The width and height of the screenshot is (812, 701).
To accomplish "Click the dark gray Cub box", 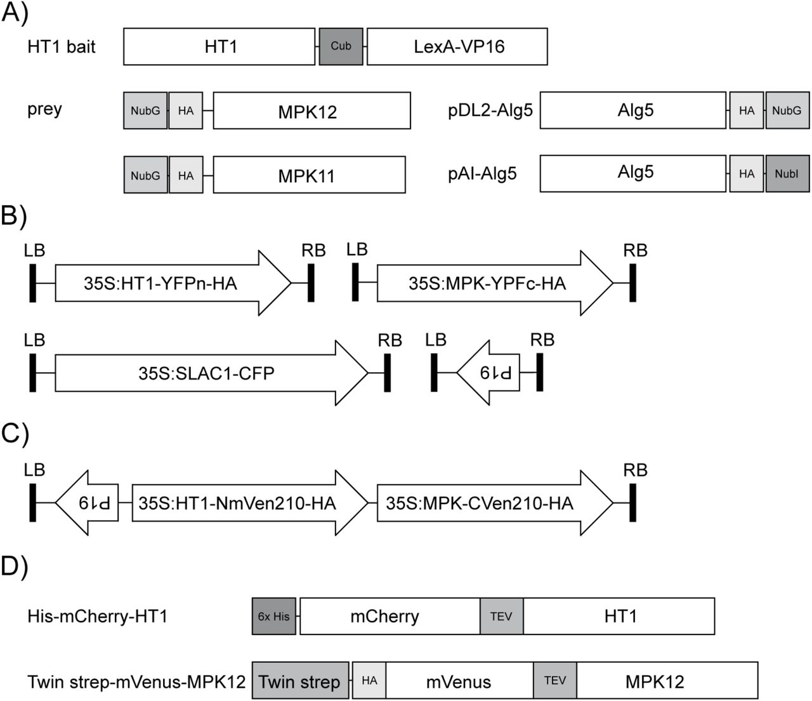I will click(x=341, y=46).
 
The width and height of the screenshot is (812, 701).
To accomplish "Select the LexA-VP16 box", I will click(x=457, y=46).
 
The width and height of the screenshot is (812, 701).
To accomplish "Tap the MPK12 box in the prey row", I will click(x=311, y=111).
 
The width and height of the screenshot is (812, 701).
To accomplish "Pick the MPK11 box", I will click(x=309, y=175).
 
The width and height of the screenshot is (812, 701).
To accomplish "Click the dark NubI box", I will click(x=787, y=173).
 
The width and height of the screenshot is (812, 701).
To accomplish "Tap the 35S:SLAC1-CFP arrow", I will click(x=206, y=373).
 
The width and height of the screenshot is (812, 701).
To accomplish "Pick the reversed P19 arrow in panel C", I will click(x=90, y=503).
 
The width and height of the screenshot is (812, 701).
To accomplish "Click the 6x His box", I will click(x=274, y=616).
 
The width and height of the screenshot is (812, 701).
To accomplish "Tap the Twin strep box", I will click(x=300, y=681).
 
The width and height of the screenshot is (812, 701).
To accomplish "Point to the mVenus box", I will click(x=459, y=681).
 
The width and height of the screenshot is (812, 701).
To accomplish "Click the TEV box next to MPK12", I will click(x=555, y=681).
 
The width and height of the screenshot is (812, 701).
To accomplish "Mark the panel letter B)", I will click(x=14, y=217).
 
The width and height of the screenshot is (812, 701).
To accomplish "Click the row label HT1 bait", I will click(x=62, y=46).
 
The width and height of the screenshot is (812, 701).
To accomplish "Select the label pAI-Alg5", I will click(x=483, y=173).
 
